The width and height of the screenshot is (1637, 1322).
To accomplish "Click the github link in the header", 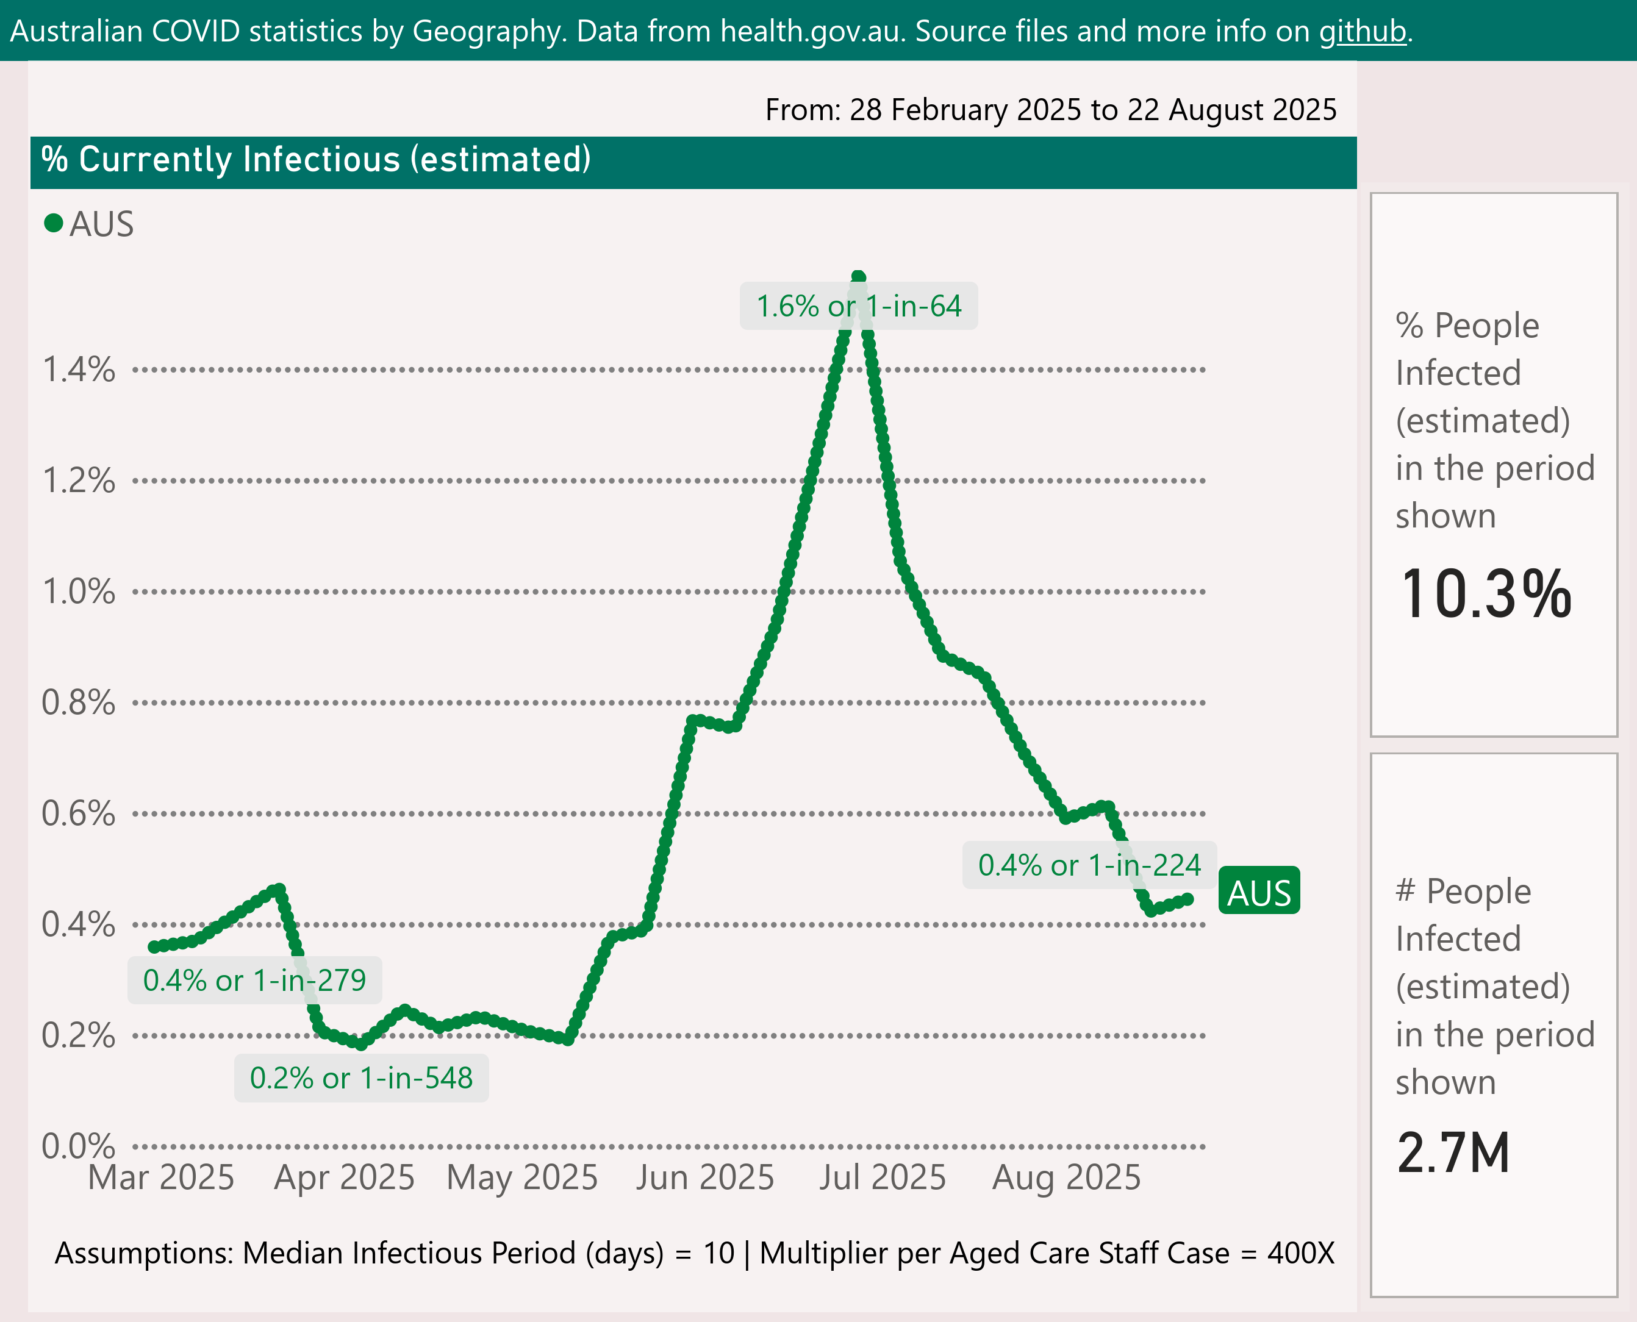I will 1362,32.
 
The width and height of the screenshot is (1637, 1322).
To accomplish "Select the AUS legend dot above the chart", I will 53,223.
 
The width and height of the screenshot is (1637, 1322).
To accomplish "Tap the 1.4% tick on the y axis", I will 79,370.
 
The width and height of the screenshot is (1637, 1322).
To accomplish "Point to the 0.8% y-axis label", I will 79,702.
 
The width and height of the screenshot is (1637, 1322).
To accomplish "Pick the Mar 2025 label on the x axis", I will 162,1177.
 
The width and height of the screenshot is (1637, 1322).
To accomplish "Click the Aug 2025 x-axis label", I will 1067,1177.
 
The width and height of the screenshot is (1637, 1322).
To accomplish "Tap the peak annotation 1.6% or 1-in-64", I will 859,306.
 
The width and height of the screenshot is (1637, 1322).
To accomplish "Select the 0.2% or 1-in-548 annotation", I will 361,1077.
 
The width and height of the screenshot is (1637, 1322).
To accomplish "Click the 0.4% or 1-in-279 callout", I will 254,980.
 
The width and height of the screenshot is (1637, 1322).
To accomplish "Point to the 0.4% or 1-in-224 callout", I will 1089,865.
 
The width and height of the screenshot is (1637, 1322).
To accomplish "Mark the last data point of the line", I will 1187,899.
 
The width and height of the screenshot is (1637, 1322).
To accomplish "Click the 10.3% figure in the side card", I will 1485,594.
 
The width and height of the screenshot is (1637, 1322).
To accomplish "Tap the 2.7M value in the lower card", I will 1453,1152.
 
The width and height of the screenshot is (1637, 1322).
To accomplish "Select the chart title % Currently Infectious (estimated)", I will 316,160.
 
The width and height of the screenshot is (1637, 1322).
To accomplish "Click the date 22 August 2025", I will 1232,110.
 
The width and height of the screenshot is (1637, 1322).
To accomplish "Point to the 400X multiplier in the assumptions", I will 1300,1252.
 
